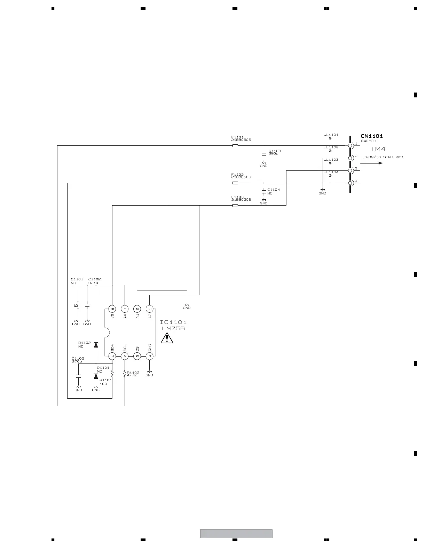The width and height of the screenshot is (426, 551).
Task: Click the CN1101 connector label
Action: coord(372,136)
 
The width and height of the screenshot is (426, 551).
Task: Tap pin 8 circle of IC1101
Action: coord(112,309)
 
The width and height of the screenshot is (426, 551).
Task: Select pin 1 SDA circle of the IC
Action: coord(112,356)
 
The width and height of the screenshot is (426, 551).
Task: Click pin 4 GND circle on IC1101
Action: coord(149,356)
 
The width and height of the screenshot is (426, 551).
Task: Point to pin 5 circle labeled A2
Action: coord(149,309)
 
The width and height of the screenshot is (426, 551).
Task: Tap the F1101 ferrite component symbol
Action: coord(235,146)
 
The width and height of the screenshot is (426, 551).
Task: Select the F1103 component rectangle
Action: coord(235,206)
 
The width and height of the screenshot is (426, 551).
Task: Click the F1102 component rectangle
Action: coord(235,183)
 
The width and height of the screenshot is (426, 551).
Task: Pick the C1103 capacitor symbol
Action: coord(264,153)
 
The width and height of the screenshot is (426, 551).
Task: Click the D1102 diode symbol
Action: coord(96,345)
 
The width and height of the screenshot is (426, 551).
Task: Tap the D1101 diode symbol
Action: coord(96,376)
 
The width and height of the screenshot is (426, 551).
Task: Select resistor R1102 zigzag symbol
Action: coord(125,374)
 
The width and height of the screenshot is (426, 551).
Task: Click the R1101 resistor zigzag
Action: coord(112,374)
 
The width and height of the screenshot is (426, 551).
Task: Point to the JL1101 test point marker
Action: coord(330,138)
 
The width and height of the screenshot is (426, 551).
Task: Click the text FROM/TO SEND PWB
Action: coord(383,157)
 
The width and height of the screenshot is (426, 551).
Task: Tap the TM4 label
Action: coord(378,149)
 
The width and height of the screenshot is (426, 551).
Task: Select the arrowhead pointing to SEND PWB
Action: coord(380,163)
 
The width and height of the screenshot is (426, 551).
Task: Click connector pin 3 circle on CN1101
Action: coord(350,170)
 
